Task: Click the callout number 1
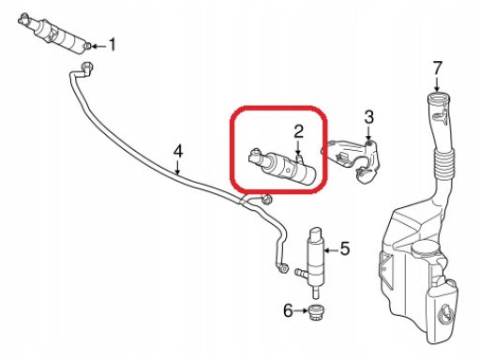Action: point(112,44)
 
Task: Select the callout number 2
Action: point(299,131)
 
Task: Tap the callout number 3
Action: point(369,117)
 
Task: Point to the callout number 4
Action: point(177,151)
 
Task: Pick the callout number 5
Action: point(345,248)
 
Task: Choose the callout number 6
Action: point(288,310)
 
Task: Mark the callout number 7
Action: point(437,68)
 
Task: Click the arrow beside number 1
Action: point(98,47)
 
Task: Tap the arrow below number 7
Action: point(437,84)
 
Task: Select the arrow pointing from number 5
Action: point(331,250)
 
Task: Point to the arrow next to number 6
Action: point(301,310)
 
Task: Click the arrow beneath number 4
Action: point(177,168)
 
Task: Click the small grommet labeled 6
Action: point(316,312)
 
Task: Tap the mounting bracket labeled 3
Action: point(354,161)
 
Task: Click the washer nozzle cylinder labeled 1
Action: point(55,34)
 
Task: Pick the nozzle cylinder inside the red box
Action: point(283,167)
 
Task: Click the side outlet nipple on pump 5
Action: point(302,273)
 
